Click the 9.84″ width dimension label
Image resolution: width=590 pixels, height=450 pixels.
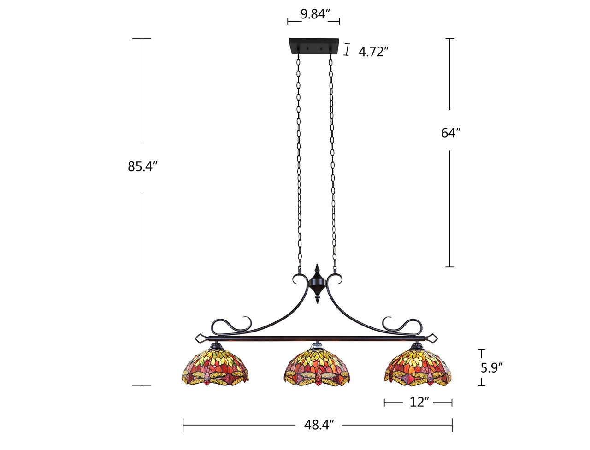pos(316,14)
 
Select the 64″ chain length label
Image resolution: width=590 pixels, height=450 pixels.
pos(451,133)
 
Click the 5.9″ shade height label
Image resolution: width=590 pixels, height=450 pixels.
pos(491,367)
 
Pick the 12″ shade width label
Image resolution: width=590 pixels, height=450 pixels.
pos(419,403)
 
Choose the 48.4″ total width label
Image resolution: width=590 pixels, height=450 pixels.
pos(319,425)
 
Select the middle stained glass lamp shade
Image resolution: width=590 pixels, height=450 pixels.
pos(316,367)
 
